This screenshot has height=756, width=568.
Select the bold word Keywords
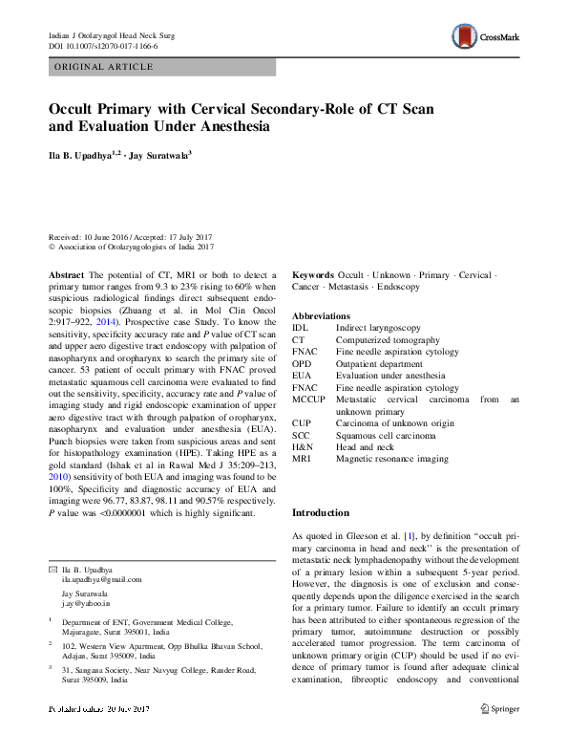(314, 274)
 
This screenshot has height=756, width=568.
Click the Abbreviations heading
(321, 315)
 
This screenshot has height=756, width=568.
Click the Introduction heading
(322, 513)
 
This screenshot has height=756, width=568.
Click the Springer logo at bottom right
(500, 736)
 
